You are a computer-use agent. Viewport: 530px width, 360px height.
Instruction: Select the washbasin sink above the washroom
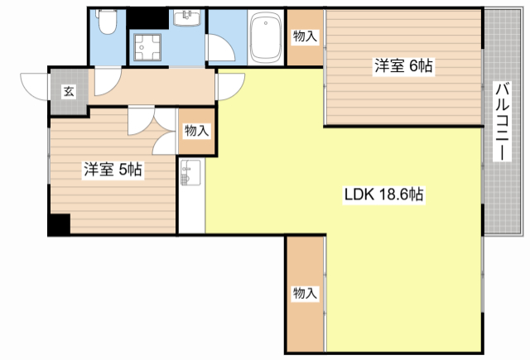[x=187, y=17]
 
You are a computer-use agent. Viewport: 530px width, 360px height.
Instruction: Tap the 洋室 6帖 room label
[x=403, y=65]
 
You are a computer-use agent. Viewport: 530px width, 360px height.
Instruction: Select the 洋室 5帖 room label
[x=113, y=169]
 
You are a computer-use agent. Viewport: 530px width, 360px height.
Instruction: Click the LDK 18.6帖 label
[x=383, y=194]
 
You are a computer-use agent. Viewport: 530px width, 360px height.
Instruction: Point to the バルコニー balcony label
[x=502, y=121]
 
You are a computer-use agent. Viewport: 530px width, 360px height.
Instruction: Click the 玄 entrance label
[x=69, y=91]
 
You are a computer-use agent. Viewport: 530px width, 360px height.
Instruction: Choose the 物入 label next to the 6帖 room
[x=305, y=36]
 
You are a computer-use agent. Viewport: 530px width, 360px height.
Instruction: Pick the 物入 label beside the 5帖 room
[x=196, y=131]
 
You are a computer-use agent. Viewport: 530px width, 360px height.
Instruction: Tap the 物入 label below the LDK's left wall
[x=305, y=293]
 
